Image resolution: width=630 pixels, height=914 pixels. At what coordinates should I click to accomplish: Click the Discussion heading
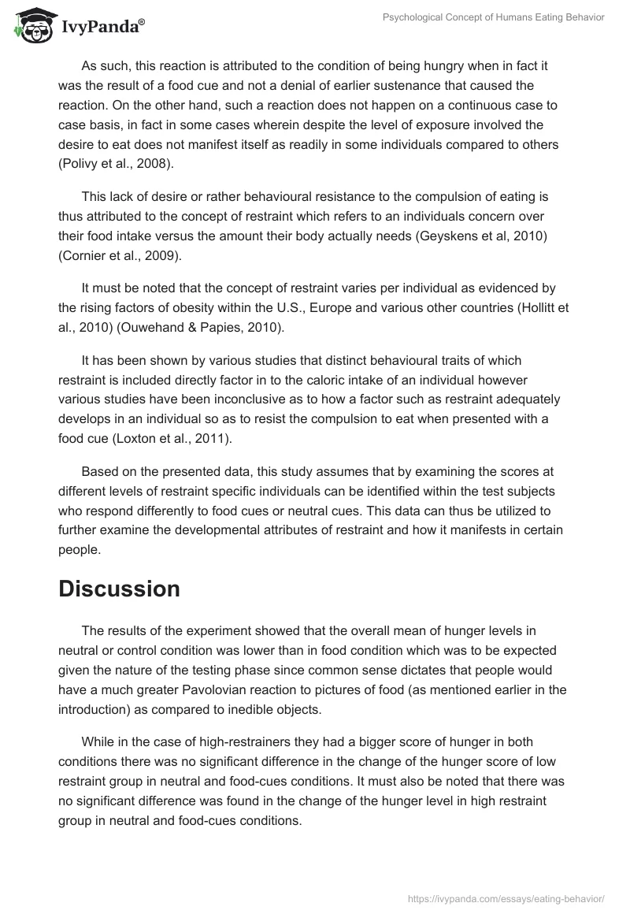point(119,589)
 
